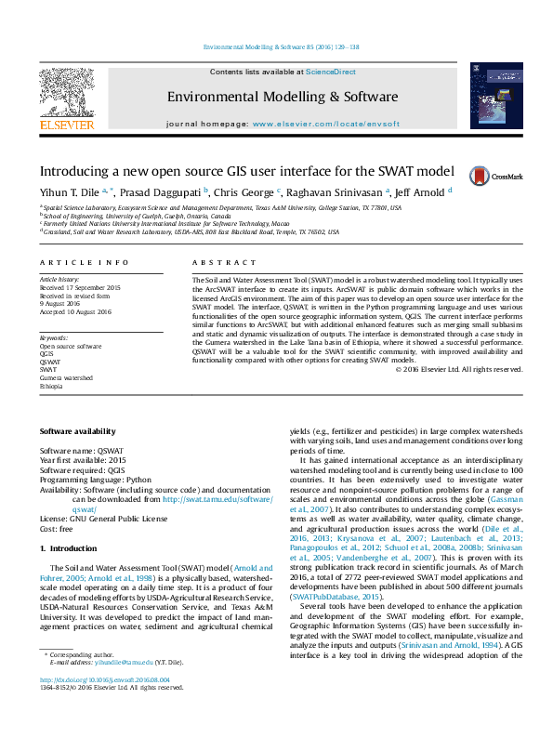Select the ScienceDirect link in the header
[x=331, y=72]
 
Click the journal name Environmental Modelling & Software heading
[x=282, y=97]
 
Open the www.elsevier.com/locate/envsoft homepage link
[x=323, y=124]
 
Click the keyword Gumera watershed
[x=66, y=378]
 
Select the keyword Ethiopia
[x=52, y=386]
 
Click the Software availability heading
[x=78, y=431]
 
